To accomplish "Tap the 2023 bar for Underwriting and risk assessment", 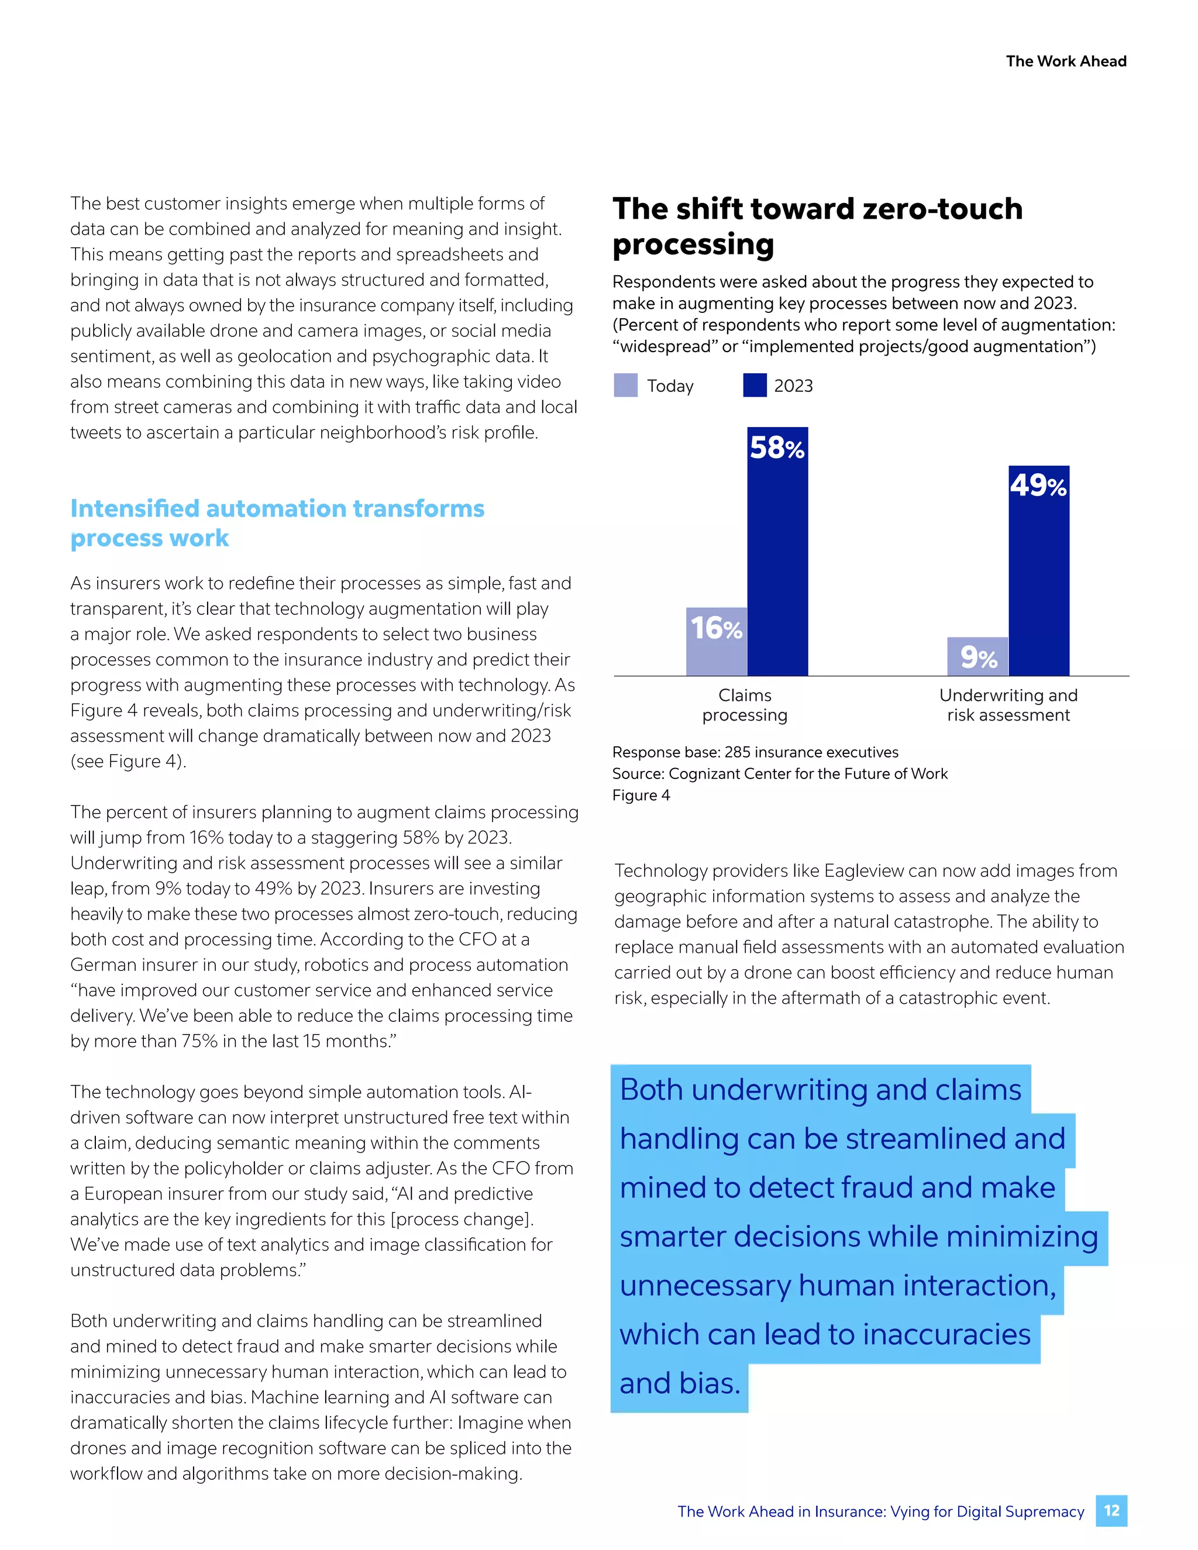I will point(1038,582).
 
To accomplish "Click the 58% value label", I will point(777,448).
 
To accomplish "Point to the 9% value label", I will point(979,658).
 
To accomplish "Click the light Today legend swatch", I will point(625,385).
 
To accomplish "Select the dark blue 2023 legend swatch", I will point(755,385).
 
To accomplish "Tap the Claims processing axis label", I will point(745,705).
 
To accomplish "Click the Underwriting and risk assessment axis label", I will point(1008,705).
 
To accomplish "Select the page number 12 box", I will point(1111,1511).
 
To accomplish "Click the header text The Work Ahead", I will point(1066,61).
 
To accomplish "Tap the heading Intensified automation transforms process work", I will point(277,523).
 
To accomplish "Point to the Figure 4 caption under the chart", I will point(641,795).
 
